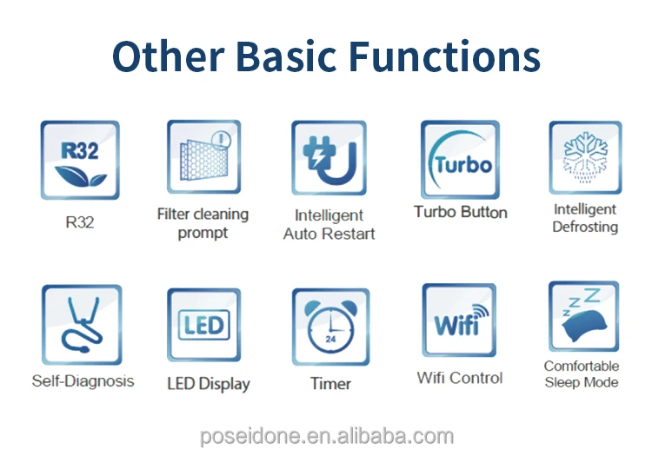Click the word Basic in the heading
286,56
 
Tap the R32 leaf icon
80,161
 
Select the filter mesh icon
203,157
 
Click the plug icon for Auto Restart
329,158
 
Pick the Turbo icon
460,160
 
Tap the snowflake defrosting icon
585,157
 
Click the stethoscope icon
82,324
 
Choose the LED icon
203,325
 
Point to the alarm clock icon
330,327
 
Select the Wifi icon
459,320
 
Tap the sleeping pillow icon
584,316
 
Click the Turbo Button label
460,212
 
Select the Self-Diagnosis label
83,380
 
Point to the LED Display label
209,384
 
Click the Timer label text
330,383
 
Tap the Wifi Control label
460,378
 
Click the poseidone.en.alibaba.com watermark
326,437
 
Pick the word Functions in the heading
444,56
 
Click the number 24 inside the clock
330,339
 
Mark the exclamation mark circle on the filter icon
222,139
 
